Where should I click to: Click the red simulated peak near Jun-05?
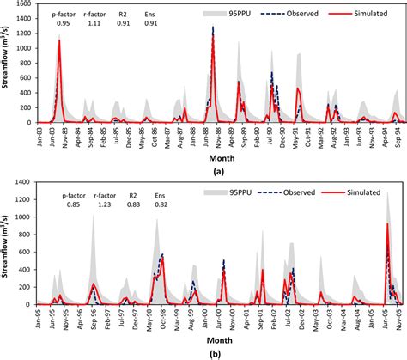click(387, 224)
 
